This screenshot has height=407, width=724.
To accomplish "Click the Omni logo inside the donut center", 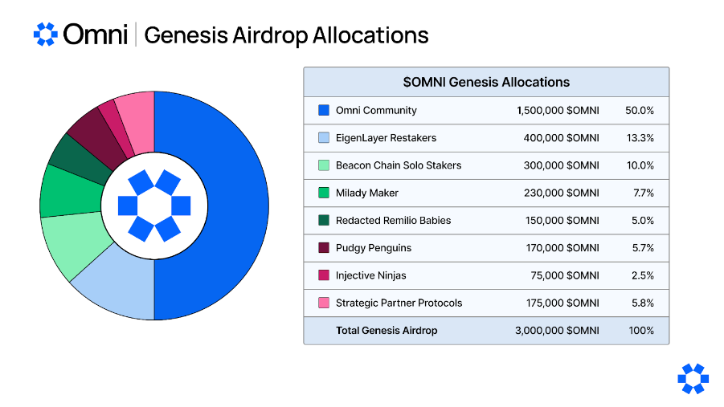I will [x=154, y=206].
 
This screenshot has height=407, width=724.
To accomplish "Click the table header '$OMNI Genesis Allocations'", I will [x=486, y=82].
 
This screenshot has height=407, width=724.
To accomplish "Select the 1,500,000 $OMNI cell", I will [x=558, y=111].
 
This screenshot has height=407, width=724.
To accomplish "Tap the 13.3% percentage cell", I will [x=640, y=138].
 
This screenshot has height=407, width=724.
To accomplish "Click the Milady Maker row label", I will [x=366, y=193].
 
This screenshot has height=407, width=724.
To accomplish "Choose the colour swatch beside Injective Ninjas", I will [x=324, y=275].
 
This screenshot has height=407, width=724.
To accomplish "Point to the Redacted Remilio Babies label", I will [x=393, y=220].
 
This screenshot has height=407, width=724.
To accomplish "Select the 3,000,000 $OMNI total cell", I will [x=557, y=330].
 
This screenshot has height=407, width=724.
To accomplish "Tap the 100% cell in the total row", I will [x=641, y=330].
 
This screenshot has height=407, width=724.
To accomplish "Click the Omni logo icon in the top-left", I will [x=45, y=35].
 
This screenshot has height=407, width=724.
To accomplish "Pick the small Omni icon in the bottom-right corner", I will [x=693, y=379].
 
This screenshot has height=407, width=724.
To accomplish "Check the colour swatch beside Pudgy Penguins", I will [x=324, y=248].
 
